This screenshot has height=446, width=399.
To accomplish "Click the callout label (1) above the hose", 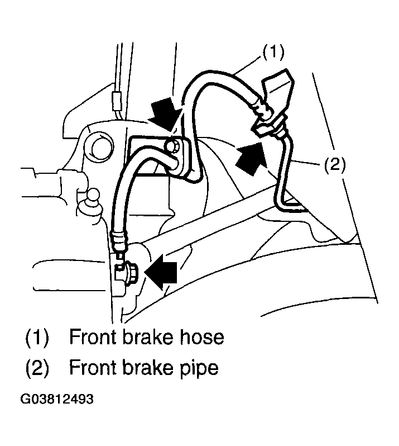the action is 273,53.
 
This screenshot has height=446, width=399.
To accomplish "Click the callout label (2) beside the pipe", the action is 335,164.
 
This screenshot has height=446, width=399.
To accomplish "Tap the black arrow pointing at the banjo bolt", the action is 161,272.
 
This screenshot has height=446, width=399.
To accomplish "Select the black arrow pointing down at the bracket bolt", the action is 166,114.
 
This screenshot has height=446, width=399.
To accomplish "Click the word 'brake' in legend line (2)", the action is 148,368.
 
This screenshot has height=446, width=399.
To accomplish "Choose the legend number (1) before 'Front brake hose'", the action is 37,338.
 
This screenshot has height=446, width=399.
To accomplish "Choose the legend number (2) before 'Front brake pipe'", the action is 37,368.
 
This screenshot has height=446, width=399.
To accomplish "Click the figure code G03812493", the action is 57,400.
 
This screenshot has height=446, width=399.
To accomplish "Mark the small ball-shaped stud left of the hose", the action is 93,197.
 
